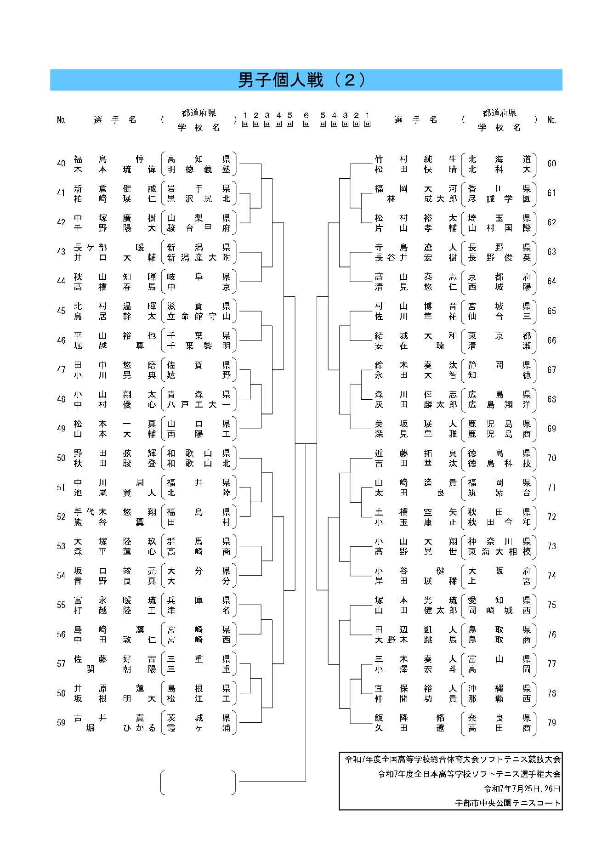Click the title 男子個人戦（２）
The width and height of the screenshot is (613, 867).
pyautogui.click(x=302, y=80)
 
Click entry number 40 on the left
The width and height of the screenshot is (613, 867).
pyautogui.click(x=61, y=164)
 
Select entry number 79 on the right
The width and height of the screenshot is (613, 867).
pyautogui.click(x=551, y=723)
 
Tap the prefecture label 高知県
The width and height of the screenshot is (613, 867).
pyautogui.click(x=199, y=159)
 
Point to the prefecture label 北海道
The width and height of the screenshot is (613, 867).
pyautogui.click(x=499, y=159)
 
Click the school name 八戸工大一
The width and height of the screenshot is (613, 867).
pyautogui.click(x=199, y=405)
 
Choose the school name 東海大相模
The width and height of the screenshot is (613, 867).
pyautogui.click(x=499, y=552)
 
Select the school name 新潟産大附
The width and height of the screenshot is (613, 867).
pyautogui.click(x=199, y=258)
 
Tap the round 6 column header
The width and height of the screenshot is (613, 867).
pyautogui.click(x=306, y=119)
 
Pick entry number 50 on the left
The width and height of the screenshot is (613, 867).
pyautogui.click(x=61, y=458)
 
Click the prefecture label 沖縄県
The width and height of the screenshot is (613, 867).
pyautogui.click(x=499, y=688)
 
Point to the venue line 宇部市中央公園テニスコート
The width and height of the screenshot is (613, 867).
pyautogui.click(x=508, y=803)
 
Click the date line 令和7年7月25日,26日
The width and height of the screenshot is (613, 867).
pyautogui.click(x=522, y=788)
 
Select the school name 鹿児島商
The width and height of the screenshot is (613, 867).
pyautogui.click(x=499, y=434)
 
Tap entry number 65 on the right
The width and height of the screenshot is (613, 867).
pyautogui.click(x=551, y=311)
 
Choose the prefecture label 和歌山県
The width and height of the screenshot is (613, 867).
pyautogui.click(x=199, y=453)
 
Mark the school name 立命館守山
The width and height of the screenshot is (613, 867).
pyautogui.click(x=199, y=317)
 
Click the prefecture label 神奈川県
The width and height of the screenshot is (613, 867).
pyautogui.click(x=499, y=541)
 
